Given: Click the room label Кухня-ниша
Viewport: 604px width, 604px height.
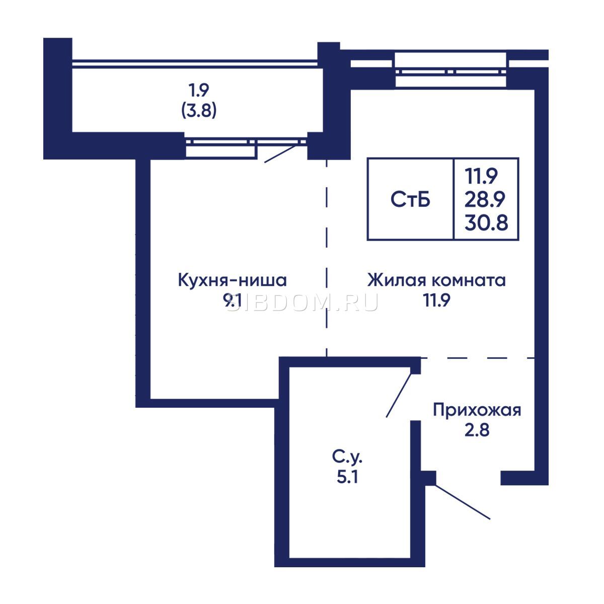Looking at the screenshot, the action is point(232,280).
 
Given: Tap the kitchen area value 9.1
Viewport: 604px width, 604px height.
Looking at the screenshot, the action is point(232,301).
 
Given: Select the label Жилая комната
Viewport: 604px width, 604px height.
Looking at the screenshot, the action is point(436,280).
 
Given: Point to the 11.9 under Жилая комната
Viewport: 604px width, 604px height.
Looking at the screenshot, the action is point(436,300).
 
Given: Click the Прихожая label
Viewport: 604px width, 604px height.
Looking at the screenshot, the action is point(477,410).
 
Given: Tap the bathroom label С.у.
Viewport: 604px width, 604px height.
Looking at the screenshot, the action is point(348,458).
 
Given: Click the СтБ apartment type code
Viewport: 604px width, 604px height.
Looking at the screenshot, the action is point(410,199).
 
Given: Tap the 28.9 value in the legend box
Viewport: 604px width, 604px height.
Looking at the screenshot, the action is point(485,199).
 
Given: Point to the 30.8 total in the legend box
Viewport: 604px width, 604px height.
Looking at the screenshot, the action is point(486,222).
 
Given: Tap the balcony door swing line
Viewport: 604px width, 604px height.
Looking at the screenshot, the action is point(280,154).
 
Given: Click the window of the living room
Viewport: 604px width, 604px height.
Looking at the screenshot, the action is point(450,72).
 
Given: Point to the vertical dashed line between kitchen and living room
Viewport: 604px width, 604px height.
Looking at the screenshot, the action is point(327,259).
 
